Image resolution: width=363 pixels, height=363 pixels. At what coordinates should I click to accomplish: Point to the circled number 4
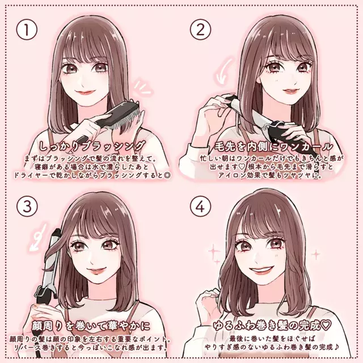coord(200,206)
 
